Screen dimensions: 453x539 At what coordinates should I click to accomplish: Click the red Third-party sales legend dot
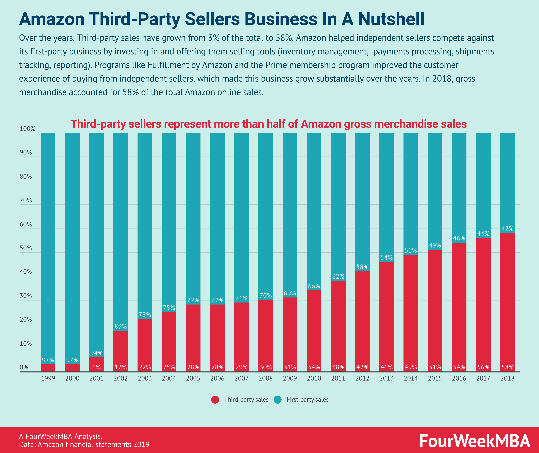tap(215, 400)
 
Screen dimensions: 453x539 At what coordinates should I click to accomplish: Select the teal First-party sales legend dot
tap(278, 400)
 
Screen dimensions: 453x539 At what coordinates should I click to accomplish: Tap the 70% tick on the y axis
tap(26, 200)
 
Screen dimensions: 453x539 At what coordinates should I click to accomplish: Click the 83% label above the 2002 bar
tap(121, 326)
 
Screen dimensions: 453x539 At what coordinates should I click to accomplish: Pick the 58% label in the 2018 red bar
tap(507, 367)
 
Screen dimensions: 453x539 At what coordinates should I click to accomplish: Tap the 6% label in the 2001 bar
tap(96, 367)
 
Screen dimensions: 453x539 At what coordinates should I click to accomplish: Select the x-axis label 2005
tap(193, 378)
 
